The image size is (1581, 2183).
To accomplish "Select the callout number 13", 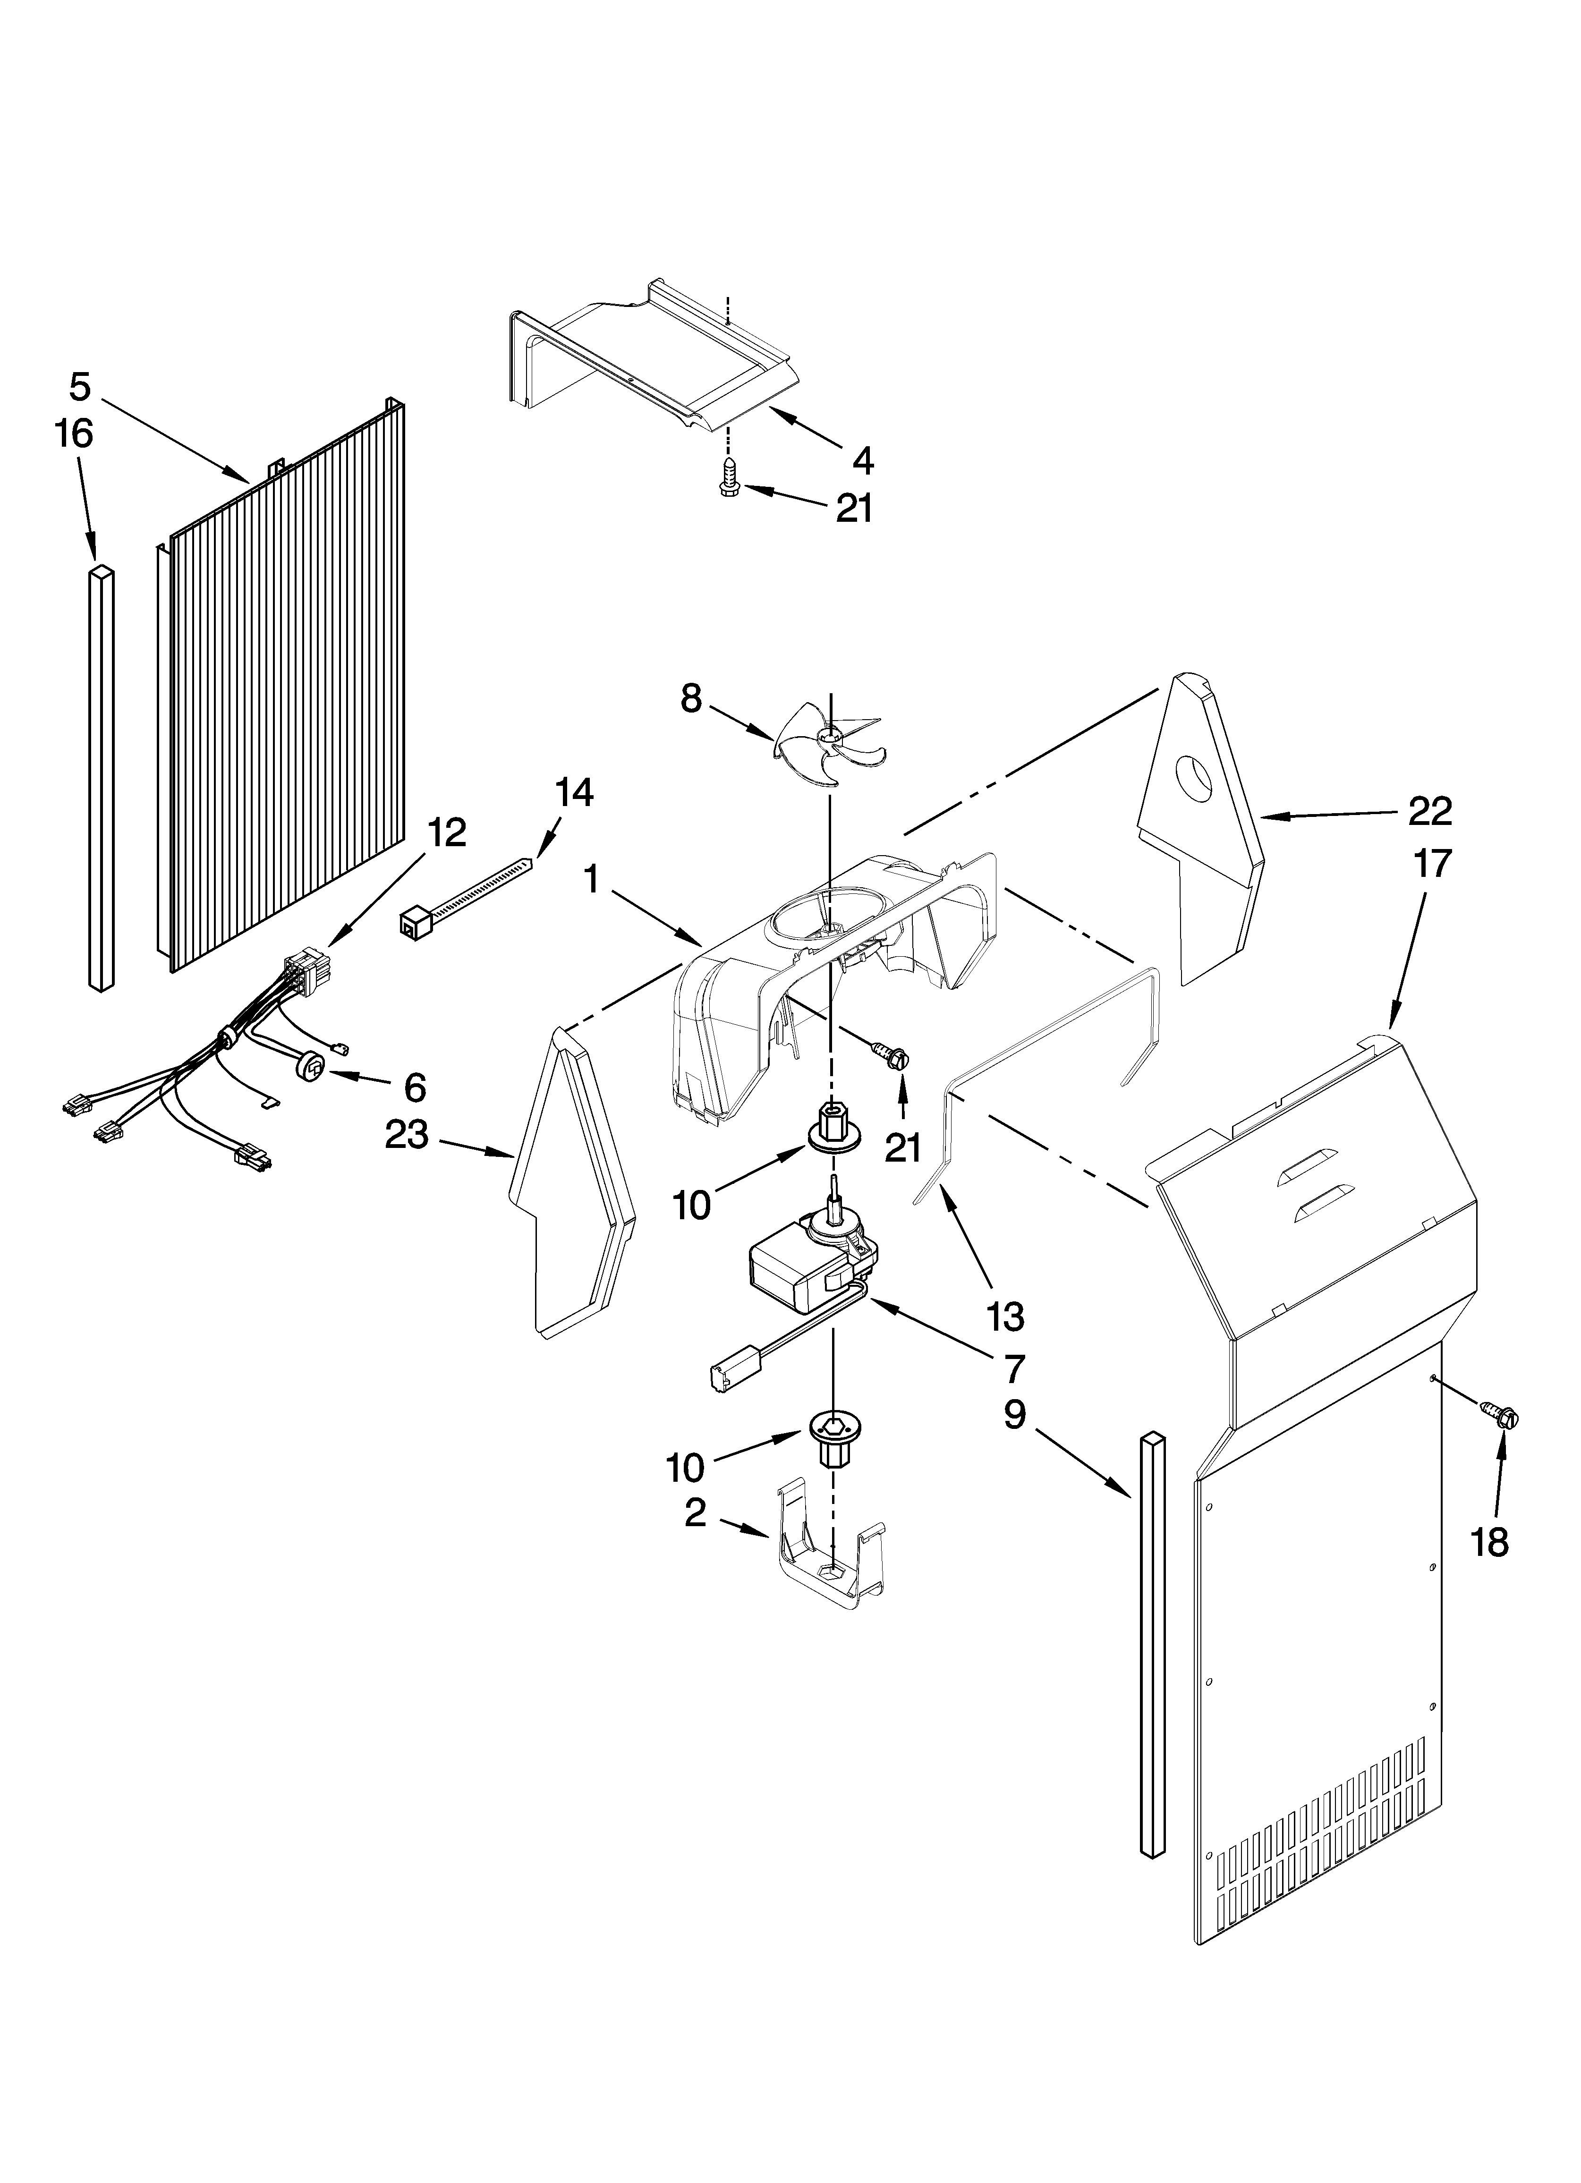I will coord(1005,1316).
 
